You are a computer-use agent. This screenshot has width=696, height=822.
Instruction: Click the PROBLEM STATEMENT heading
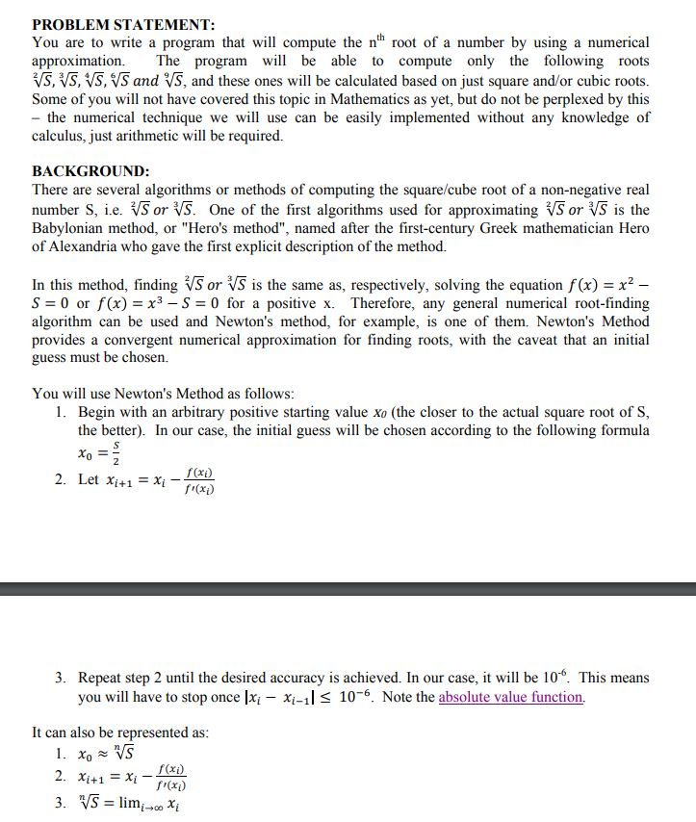point(123,24)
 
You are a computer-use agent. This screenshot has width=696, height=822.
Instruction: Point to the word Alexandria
point(88,246)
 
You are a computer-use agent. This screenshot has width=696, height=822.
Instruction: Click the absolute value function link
point(510,697)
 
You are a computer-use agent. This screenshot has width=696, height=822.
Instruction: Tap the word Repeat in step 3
point(102,679)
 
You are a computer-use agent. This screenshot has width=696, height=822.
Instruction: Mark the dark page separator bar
point(348,588)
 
